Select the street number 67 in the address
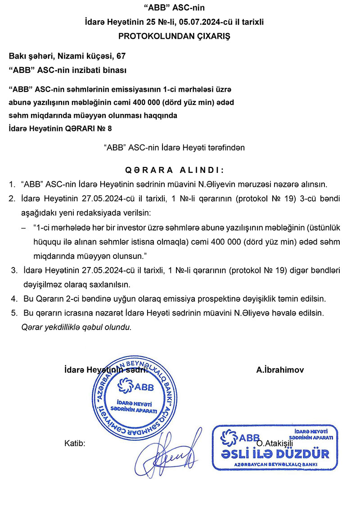[x=121, y=56]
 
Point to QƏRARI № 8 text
[x=88, y=129]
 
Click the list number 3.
[x=14, y=271]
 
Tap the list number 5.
[x=14, y=312]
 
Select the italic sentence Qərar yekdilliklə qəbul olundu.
[x=76, y=327]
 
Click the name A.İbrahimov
[x=280, y=370]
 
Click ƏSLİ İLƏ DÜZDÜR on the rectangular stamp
[x=275, y=453]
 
